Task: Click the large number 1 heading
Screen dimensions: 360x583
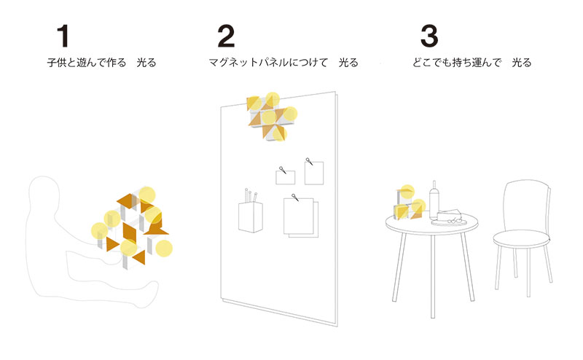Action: [65, 36]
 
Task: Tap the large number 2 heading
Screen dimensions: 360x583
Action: [227, 36]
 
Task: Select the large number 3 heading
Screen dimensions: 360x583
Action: [429, 36]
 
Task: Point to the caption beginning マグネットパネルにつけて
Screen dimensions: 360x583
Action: [283, 63]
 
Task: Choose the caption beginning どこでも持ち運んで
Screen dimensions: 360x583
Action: [471, 63]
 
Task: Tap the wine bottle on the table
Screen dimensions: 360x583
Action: [435, 201]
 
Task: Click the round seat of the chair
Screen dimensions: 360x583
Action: [520, 238]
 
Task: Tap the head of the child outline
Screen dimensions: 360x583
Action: [45, 196]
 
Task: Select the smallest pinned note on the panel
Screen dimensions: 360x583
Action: [285, 176]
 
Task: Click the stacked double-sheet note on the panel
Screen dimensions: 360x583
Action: [300, 217]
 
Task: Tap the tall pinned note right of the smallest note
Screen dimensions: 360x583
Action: [314, 172]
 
